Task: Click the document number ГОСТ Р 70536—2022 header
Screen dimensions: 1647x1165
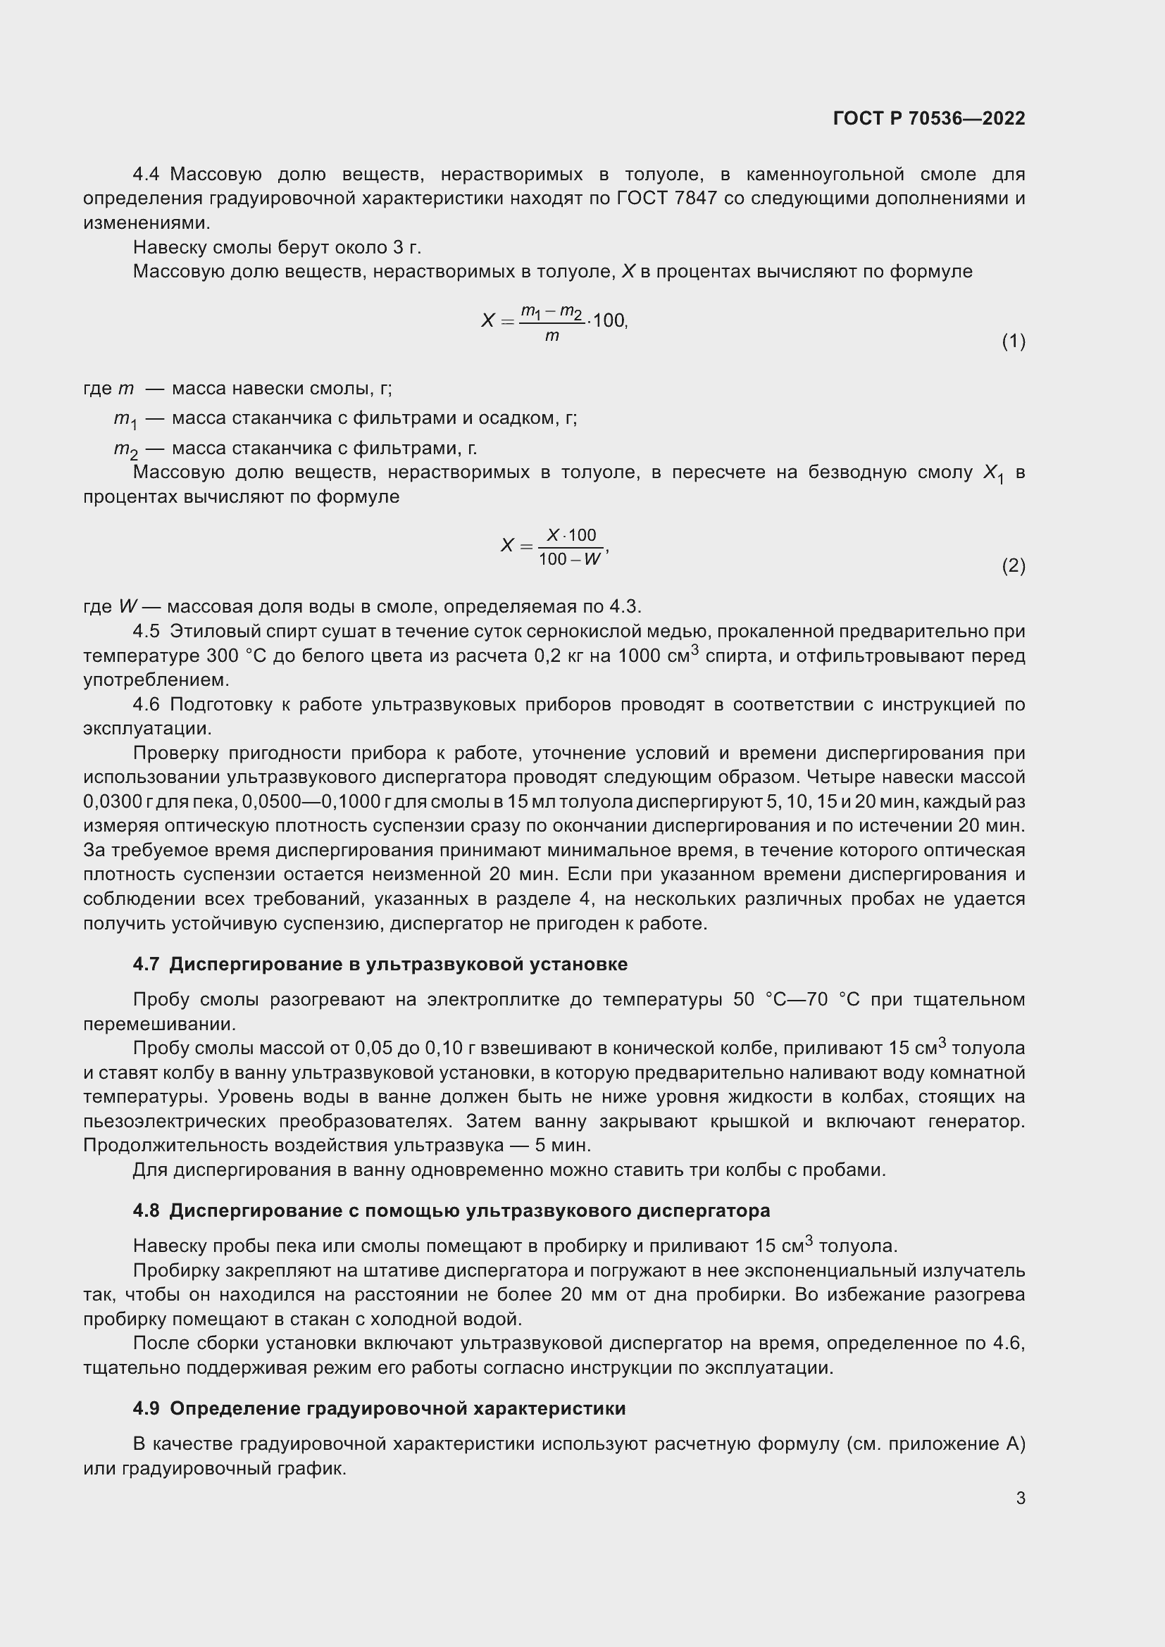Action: point(929,118)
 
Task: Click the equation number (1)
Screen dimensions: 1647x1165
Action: point(1013,342)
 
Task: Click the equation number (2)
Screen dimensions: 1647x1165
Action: point(1013,566)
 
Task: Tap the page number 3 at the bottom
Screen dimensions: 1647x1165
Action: point(1020,1498)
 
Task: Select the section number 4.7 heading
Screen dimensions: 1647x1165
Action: point(146,964)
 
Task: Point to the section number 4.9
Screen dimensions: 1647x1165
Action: point(146,1408)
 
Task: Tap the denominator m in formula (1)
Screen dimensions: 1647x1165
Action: point(552,336)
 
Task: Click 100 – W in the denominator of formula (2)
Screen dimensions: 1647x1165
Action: point(570,560)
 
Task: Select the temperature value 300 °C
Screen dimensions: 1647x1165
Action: point(237,656)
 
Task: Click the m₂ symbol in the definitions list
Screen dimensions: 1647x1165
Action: point(125,450)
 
